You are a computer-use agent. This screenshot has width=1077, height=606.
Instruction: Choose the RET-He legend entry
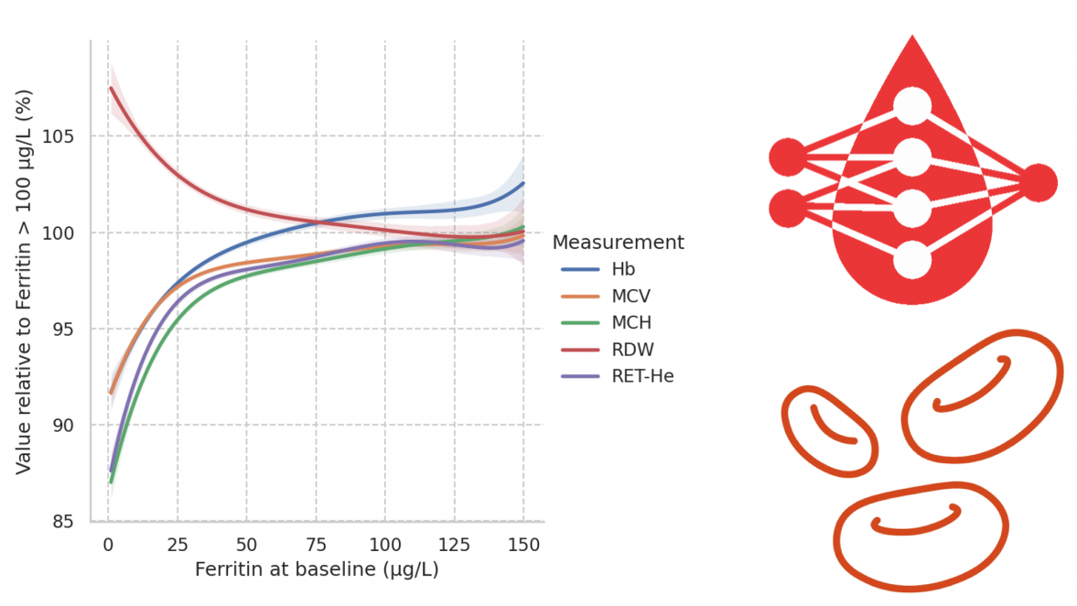point(641,375)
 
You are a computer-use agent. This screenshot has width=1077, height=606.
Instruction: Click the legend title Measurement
point(618,243)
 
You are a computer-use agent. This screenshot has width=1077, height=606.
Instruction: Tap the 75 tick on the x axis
point(316,543)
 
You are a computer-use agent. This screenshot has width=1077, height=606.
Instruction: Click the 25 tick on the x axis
point(177,543)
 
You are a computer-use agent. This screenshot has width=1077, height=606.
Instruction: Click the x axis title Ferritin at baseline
point(317,569)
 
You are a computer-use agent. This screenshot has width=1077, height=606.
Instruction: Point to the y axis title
point(24,282)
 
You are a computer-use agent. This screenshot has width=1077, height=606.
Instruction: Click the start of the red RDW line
point(111,88)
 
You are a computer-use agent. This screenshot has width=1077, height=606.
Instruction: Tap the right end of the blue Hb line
point(523,183)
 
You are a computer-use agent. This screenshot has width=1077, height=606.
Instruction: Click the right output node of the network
point(1039,183)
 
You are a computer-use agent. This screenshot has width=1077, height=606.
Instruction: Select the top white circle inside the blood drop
point(912,106)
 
